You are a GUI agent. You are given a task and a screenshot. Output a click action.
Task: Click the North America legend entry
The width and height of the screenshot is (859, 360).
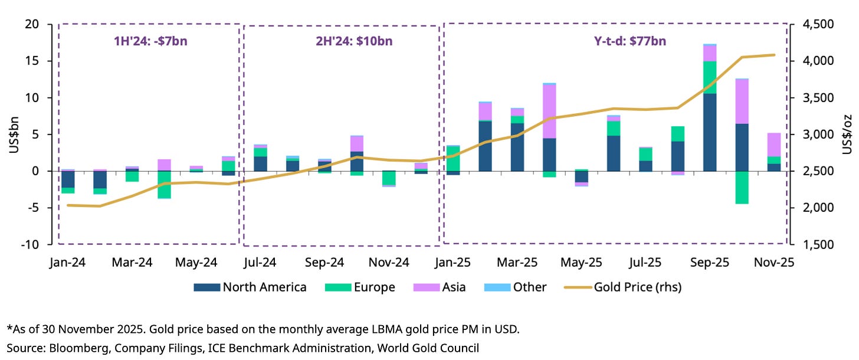click(250, 287)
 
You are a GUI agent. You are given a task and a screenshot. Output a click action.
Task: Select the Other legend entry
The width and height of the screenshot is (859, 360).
click(515, 287)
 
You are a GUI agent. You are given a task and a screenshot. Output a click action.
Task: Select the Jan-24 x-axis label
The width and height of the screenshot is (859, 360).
click(68, 262)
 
